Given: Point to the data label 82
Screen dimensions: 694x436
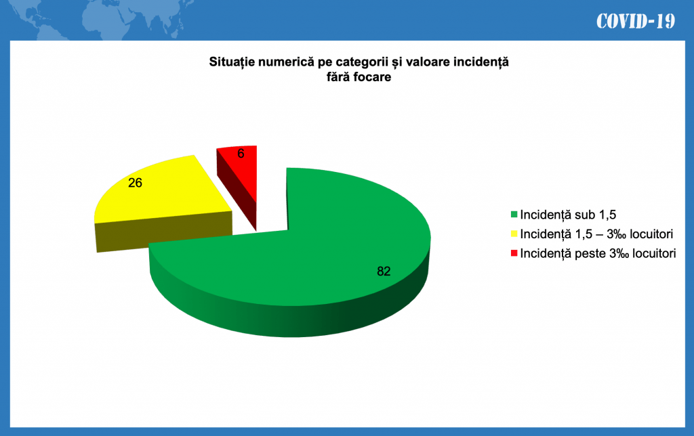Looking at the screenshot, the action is pyautogui.click(x=384, y=271).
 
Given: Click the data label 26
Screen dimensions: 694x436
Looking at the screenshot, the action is pyautogui.click(x=135, y=183).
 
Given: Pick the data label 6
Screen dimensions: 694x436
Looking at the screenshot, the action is pyautogui.click(x=241, y=154).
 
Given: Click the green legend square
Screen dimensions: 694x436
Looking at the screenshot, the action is pyautogui.click(x=514, y=215).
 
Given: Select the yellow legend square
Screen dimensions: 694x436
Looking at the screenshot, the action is pyautogui.click(x=514, y=234).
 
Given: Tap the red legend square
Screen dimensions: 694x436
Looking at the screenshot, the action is pyautogui.click(x=514, y=253).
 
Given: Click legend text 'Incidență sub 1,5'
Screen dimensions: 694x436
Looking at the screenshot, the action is pyautogui.click(x=568, y=215).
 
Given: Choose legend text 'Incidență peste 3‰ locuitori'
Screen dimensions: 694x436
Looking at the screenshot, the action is pyautogui.click(x=598, y=253).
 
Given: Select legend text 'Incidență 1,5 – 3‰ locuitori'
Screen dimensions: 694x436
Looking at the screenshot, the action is pyautogui.click(x=596, y=234).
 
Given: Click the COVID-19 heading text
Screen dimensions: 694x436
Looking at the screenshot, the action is pyautogui.click(x=636, y=21).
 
